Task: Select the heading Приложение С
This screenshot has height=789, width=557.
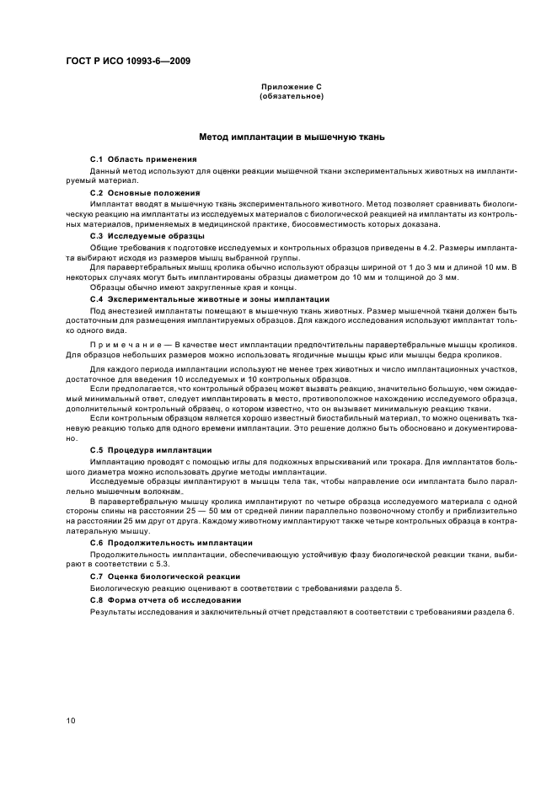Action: click(x=292, y=88)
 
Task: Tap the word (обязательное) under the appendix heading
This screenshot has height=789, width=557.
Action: click(x=292, y=96)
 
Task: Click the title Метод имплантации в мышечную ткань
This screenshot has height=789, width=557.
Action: click(x=292, y=136)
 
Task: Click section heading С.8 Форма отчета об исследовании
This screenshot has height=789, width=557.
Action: click(x=165, y=599)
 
